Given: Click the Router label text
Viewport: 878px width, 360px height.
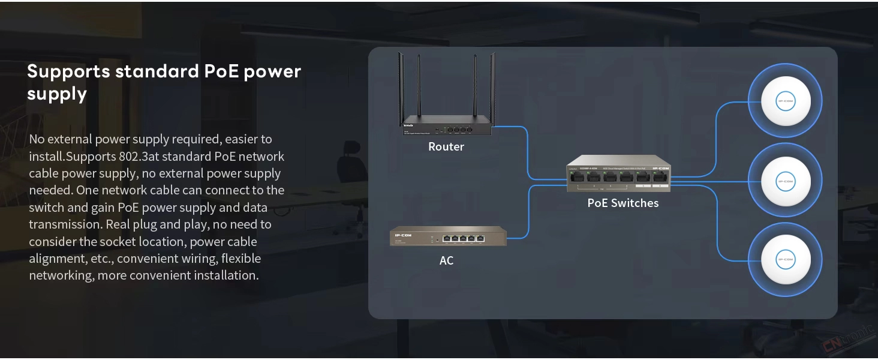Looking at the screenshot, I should click(446, 146).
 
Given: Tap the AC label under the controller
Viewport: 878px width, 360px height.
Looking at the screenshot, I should click(446, 260).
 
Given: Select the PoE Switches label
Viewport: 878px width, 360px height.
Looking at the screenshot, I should click(623, 203).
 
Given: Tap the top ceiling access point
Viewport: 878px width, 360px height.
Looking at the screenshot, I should click(785, 101).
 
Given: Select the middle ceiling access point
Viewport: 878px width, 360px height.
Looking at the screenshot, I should click(785, 181).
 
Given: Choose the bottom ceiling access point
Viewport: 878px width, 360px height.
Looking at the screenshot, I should click(785, 260).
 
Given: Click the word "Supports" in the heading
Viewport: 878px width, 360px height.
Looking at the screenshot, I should click(68, 71).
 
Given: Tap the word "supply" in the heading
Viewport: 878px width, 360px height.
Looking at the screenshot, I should click(57, 94).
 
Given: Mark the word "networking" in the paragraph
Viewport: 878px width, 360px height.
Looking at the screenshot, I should click(61, 275).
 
